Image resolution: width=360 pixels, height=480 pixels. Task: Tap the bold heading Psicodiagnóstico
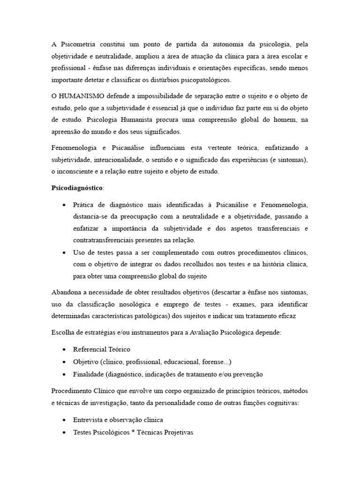tap(76, 188)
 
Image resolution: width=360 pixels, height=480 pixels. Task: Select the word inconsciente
tap(77, 172)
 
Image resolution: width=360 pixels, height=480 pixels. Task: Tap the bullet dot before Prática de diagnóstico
tap(64, 205)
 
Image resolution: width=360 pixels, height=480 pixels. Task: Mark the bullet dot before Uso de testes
tap(64, 253)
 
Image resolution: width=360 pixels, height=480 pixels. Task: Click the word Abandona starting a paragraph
tap(67, 292)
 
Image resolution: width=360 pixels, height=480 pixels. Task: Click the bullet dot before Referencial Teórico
tap(64, 350)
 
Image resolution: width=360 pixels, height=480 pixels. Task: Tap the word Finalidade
tap(88, 374)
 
